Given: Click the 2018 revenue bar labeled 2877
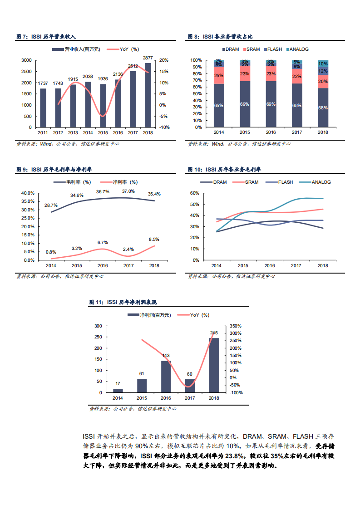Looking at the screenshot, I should [148, 95].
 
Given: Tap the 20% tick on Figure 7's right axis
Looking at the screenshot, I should [164, 60].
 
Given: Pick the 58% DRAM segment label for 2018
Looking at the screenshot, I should [323, 108].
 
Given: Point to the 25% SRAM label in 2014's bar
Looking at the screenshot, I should [219, 76].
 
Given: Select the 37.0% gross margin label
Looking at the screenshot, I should [128, 191].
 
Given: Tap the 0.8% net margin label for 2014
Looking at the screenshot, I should [51, 252].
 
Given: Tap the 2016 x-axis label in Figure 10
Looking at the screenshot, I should [270, 266].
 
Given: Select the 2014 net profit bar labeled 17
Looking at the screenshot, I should [118, 391].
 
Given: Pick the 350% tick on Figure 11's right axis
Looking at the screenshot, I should [236, 326].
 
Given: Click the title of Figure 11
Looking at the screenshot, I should [123, 302].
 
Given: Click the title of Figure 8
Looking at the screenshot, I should [220, 36].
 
